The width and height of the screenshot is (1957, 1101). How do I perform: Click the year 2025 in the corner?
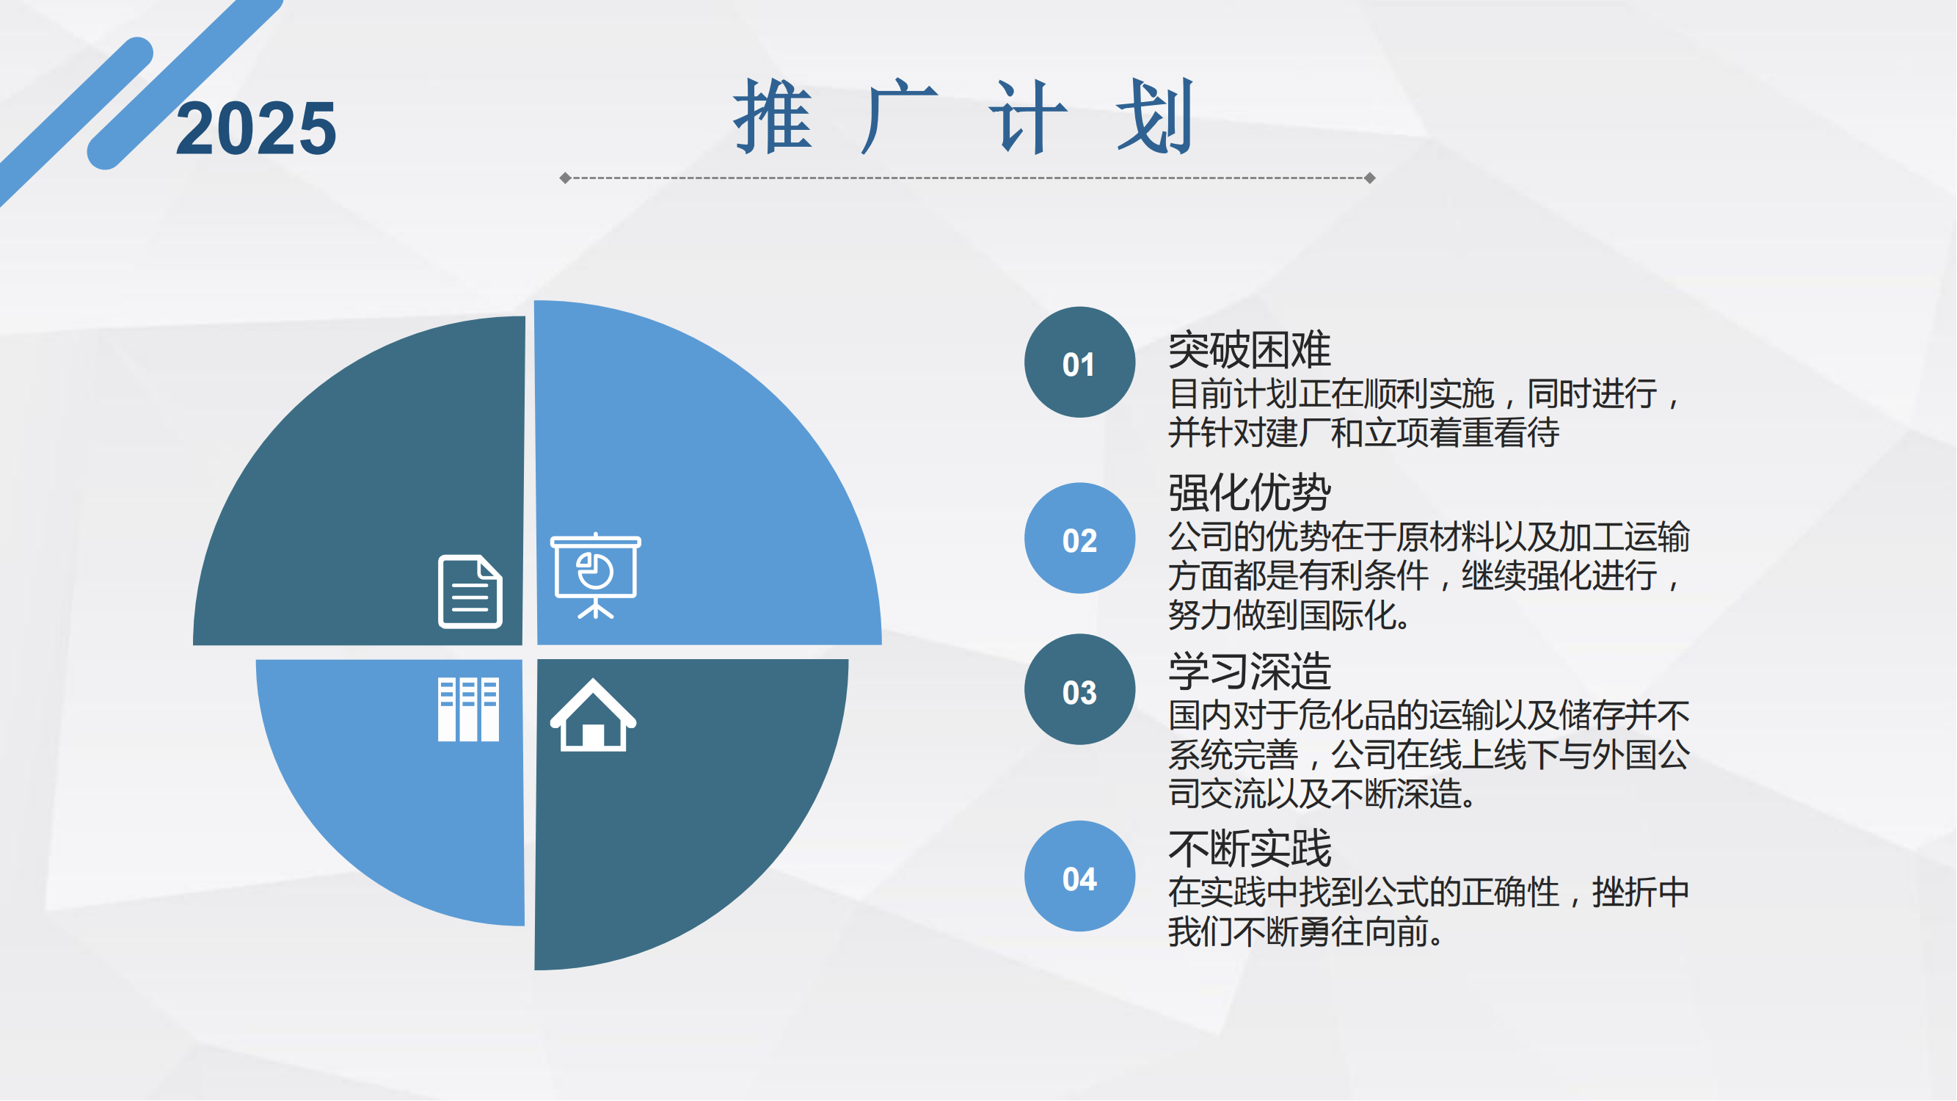click(256, 128)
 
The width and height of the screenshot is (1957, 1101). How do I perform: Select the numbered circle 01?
click(1079, 363)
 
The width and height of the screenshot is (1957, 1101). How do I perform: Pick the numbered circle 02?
click(1079, 539)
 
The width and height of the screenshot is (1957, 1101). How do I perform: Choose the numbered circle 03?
click(1079, 690)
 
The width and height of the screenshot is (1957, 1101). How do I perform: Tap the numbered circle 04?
click(1079, 877)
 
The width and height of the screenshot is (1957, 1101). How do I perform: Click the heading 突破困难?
click(1250, 349)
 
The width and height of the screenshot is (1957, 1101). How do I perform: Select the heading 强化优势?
click(1250, 493)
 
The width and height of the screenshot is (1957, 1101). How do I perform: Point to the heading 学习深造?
click(1250, 671)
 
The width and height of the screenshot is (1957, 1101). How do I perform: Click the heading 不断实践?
click(1250, 848)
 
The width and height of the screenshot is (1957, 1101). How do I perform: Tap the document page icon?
click(470, 592)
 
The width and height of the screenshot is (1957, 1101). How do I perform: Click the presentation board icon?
click(596, 576)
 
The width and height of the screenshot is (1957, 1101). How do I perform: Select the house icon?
click(594, 715)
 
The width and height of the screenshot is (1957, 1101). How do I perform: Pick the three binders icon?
click(469, 710)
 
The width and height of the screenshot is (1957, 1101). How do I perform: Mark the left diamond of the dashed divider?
click(565, 178)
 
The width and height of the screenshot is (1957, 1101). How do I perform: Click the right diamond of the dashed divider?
click(1370, 178)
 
